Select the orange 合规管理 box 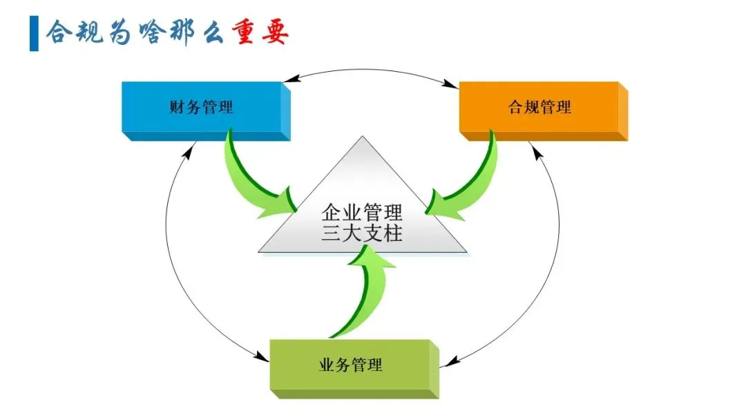pyautogui.click(x=539, y=108)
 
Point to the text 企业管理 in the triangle pyautogui.click(x=362, y=210)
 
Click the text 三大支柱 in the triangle pyautogui.click(x=362, y=233)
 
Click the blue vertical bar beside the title pyautogui.click(x=34, y=32)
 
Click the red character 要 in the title pyautogui.click(x=274, y=32)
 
